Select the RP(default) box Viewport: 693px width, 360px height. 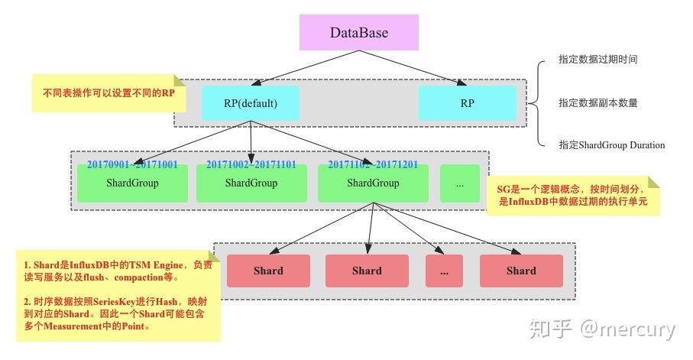[x=251, y=103]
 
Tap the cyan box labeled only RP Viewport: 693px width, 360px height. [x=467, y=103]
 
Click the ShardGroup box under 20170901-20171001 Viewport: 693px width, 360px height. [x=132, y=183]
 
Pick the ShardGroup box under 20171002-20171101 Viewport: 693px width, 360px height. [x=251, y=183]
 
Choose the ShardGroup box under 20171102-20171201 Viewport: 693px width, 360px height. [x=373, y=183]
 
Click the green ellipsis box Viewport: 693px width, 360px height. [x=459, y=183]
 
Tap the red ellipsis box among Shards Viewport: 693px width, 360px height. [x=444, y=271]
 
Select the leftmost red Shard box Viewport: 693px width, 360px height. [x=268, y=271]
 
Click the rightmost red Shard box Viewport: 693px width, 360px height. [x=521, y=271]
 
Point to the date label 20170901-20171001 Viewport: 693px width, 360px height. [x=132, y=164]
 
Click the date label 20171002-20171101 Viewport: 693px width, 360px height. [x=251, y=164]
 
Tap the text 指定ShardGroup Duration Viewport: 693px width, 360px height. [x=611, y=145]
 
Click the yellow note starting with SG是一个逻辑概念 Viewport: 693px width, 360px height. [x=573, y=196]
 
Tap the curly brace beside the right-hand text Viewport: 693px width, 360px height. [x=542, y=102]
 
